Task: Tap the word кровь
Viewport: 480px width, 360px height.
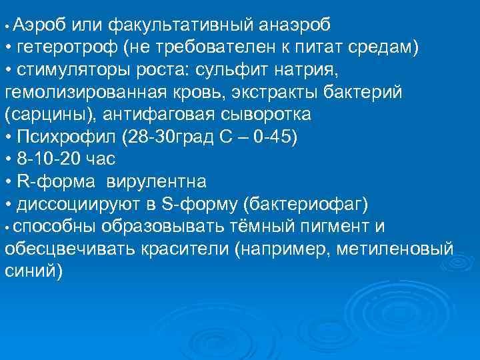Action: point(207,92)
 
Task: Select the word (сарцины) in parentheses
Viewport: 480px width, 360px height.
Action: point(42,114)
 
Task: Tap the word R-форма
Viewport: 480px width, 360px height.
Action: point(59,181)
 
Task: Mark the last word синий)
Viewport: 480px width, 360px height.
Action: point(34,271)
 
